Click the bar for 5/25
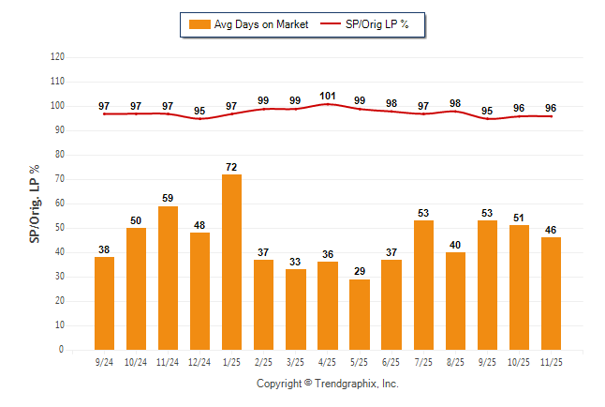pyautogui.click(x=359, y=314)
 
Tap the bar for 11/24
pyautogui.click(x=168, y=278)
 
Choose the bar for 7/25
pyautogui.click(x=422, y=285)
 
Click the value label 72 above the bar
pyautogui.click(x=231, y=168)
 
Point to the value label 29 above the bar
pyautogui.click(x=359, y=272)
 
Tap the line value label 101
pyautogui.click(x=327, y=95)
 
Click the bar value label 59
pyautogui.click(x=168, y=199)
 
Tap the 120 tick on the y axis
pyautogui.click(x=57, y=57)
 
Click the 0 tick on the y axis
pyautogui.click(x=62, y=350)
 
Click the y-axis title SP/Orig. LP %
pyautogui.click(x=35, y=203)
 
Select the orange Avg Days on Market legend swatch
pyautogui.click(x=199, y=24)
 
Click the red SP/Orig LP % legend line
pyautogui.click(x=331, y=24)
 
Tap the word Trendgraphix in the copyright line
pyautogui.click(x=344, y=384)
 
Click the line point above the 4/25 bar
pyautogui.click(x=327, y=103)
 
